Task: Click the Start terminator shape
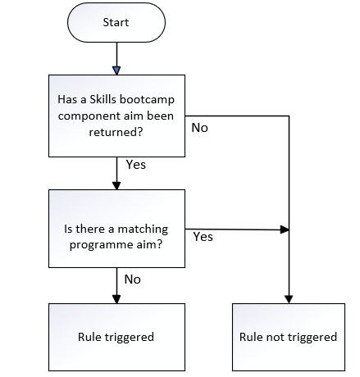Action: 116,22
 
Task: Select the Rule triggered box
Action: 116,337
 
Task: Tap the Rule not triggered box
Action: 289,337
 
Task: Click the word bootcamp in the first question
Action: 147,100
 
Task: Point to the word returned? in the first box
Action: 116,132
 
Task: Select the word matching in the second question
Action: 143,229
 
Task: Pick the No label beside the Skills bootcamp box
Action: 199,128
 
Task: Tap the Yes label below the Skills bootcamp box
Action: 136,165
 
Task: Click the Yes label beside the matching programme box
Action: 203,237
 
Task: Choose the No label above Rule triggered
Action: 133,279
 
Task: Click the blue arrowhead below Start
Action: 116,70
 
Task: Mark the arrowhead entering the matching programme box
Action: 116,185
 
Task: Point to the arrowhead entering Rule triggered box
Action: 116,299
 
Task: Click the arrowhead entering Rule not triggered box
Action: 289,299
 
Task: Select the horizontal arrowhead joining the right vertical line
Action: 285,229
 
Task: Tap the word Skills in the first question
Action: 103,99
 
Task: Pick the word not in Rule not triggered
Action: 272,337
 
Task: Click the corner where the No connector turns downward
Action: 289,116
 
